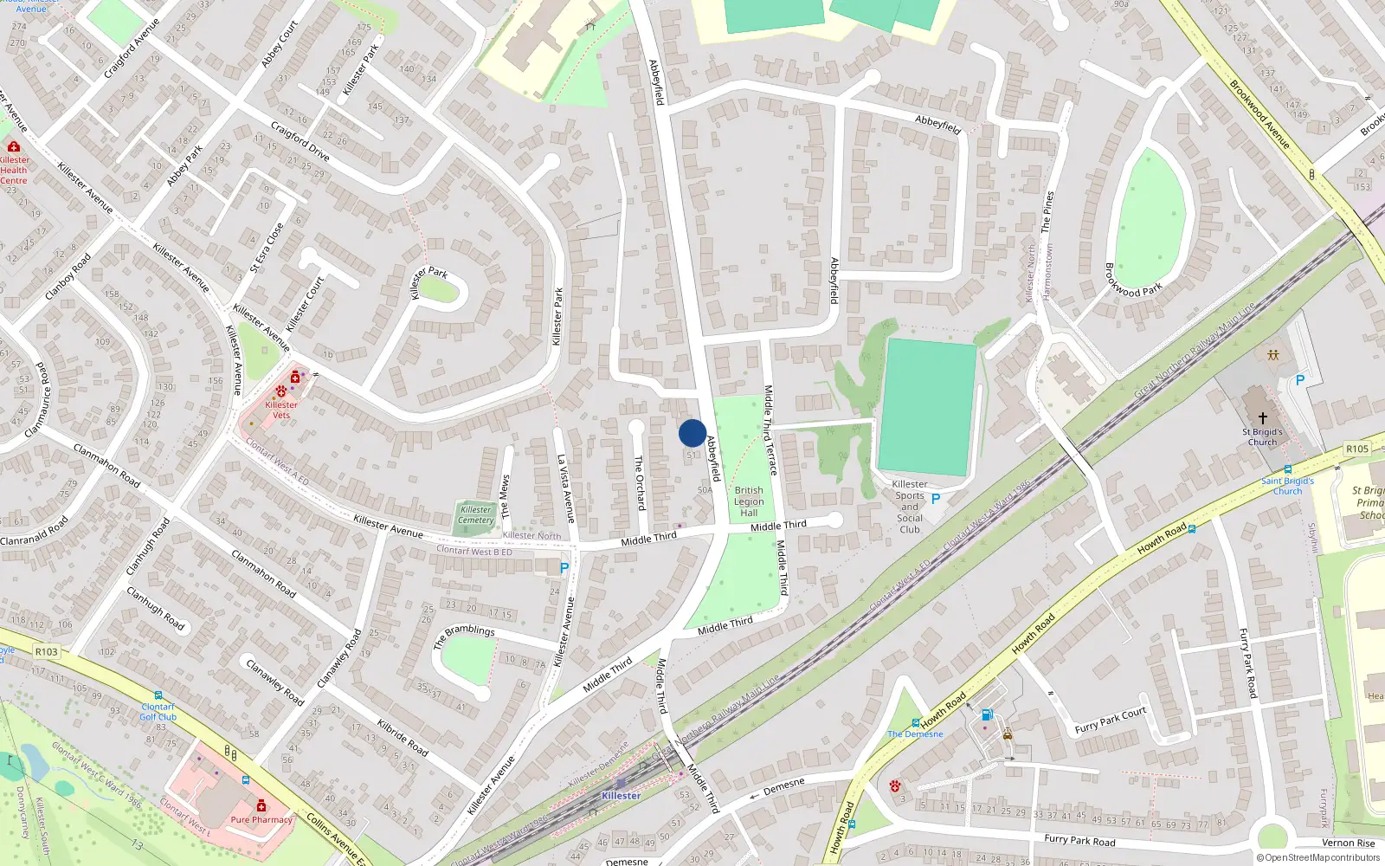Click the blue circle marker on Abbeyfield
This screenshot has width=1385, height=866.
pyautogui.click(x=692, y=433)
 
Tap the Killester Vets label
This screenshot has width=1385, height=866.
pyautogui.click(x=281, y=410)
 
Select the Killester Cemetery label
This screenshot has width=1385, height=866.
pyautogui.click(x=475, y=515)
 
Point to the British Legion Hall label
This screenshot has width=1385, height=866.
pyautogui.click(x=749, y=501)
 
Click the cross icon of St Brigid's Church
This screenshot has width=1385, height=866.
pyautogui.click(x=1262, y=417)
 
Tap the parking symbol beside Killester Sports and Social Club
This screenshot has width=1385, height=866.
pyautogui.click(x=935, y=499)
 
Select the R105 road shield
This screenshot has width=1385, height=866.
pyautogui.click(x=1356, y=449)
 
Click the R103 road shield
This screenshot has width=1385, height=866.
pyautogui.click(x=47, y=652)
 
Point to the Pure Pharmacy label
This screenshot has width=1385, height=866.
pyautogui.click(x=261, y=819)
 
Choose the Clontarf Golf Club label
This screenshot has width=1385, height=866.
pyautogui.click(x=158, y=712)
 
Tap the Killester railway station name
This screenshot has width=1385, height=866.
pyautogui.click(x=622, y=796)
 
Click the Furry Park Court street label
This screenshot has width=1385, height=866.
pyautogui.click(x=1110, y=721)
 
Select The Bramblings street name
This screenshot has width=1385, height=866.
pyautogui.click(x=464, y=637)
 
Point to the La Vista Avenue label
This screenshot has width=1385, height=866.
pyautogui.click(x=565, y=488)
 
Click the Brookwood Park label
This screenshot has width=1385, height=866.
pyautogui.click(x=1133, y=280)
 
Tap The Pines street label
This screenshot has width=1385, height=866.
pyautogui.click(x=1048, y=211)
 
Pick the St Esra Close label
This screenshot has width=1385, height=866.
pyautogui.click(x=267, y=249)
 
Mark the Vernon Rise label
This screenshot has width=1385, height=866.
pyautogui.click(x=1348, y=843)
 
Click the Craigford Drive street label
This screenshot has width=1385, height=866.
pyautogui.click(x=300, y=141)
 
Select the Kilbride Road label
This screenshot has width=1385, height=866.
pyautogui.click(x=403, y=737)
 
